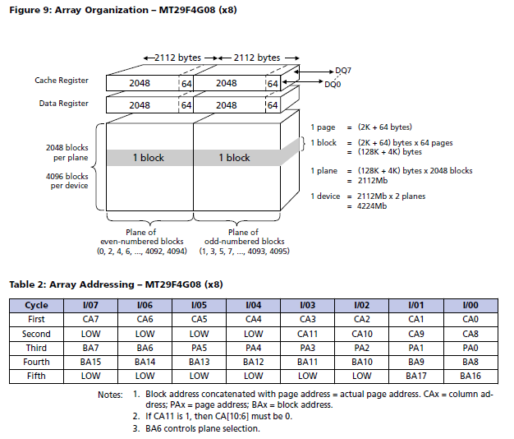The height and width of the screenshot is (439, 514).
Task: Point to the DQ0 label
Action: coord(333,85)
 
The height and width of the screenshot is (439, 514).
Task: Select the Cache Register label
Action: coord(62,81)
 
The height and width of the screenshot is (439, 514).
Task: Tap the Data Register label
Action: coord(65,104)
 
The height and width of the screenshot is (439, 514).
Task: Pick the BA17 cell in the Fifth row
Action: coord(420,376)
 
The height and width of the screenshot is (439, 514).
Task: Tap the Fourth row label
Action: coord(36,362)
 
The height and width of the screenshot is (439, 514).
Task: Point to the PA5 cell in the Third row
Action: coord(200,348)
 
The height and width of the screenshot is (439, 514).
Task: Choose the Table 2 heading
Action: coord(116,284)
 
